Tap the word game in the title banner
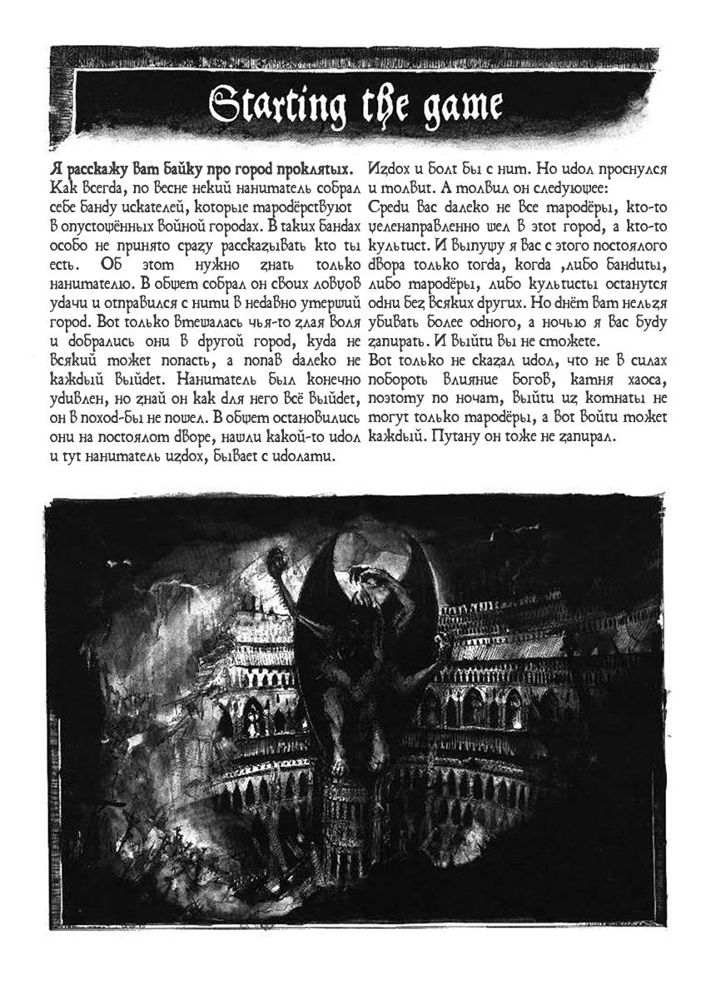click(x=460, y=106)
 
